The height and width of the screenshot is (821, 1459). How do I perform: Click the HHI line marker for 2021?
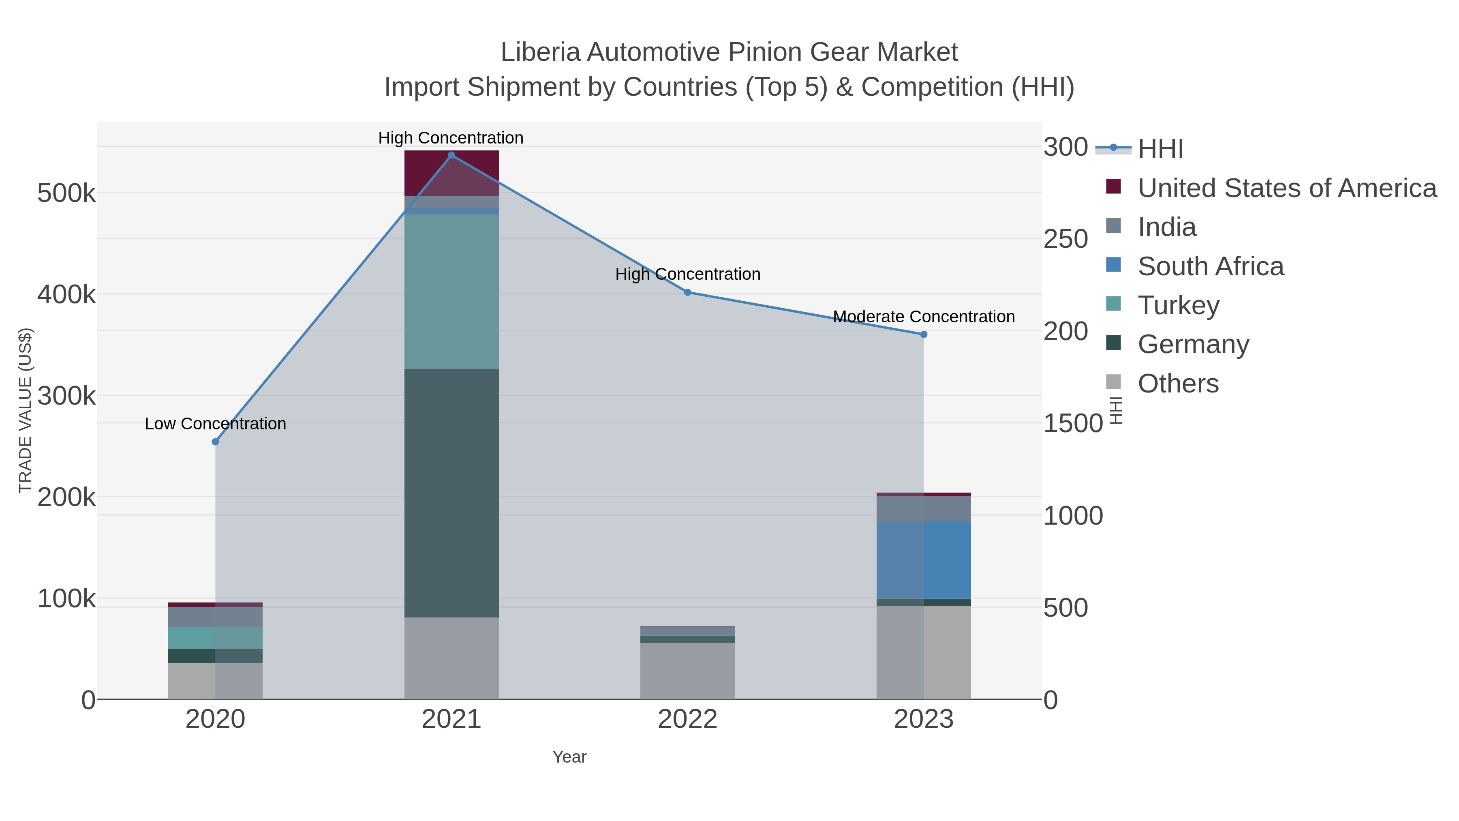tap(451, 155)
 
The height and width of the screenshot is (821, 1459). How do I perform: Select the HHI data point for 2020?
tap(215, 442)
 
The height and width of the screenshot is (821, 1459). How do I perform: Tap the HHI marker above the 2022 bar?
tap(688, 292)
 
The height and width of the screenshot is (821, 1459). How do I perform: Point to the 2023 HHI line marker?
tap(924, 334)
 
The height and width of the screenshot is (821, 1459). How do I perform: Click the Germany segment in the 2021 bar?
tap(451, 493)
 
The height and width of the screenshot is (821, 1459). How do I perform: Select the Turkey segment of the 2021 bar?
tap(451, 292)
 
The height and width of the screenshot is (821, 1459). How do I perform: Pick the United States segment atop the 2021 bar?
tap(451, 173)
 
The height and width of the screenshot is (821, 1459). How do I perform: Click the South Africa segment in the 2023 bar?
tap(924, 560)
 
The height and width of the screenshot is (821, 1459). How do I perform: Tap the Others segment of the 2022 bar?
tap(688, 671)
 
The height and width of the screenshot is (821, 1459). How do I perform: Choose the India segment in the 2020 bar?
tap(215, 617)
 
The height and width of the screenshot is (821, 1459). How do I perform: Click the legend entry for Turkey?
tap(1178, 305)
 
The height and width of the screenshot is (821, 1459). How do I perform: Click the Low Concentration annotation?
tap(215, 424)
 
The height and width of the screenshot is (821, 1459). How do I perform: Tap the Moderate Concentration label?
tap(924, 317)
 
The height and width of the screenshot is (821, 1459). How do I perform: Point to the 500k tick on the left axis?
tap(66, 194)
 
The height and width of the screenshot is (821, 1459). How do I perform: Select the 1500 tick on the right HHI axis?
tap(1073, 423)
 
